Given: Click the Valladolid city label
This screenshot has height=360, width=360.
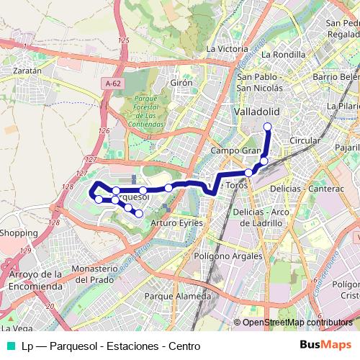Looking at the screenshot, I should click(256, 112).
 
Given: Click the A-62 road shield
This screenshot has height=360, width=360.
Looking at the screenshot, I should click(112, 84).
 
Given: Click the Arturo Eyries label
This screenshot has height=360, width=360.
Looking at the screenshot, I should click(177, 224).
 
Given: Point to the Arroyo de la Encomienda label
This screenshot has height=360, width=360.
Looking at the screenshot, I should click(36, 279).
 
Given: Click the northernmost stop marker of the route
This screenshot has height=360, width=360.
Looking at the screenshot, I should click(267, 127).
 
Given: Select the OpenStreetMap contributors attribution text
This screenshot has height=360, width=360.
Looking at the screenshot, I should click(296, 323).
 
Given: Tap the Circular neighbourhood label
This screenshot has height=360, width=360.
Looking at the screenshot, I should click(303, 140).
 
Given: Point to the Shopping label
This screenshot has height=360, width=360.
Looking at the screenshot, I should click(18, 233).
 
